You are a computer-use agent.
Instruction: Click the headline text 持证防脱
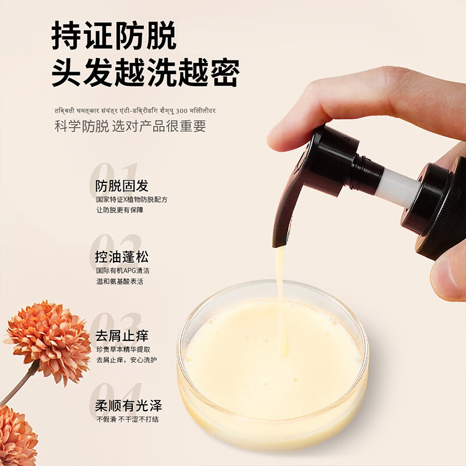click(x=114, y=36)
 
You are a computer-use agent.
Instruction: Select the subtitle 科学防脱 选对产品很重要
click(x=130, y=126)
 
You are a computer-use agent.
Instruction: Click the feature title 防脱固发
click(x=122, y=186)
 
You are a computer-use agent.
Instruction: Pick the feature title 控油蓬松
click(x=122, y=257)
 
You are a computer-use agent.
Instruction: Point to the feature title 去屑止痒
click(x=122, y=336)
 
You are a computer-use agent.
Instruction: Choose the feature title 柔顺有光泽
click(x=128, y=406)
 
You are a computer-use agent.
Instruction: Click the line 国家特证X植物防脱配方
click(x=132, y=199)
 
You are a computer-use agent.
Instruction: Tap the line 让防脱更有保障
click(x=120, y=210)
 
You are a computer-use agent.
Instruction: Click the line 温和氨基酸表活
click(x=120, y=281)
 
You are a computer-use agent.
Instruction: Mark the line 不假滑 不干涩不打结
click(x=127, y=419)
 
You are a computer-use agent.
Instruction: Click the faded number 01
click(x=114, y=173)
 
